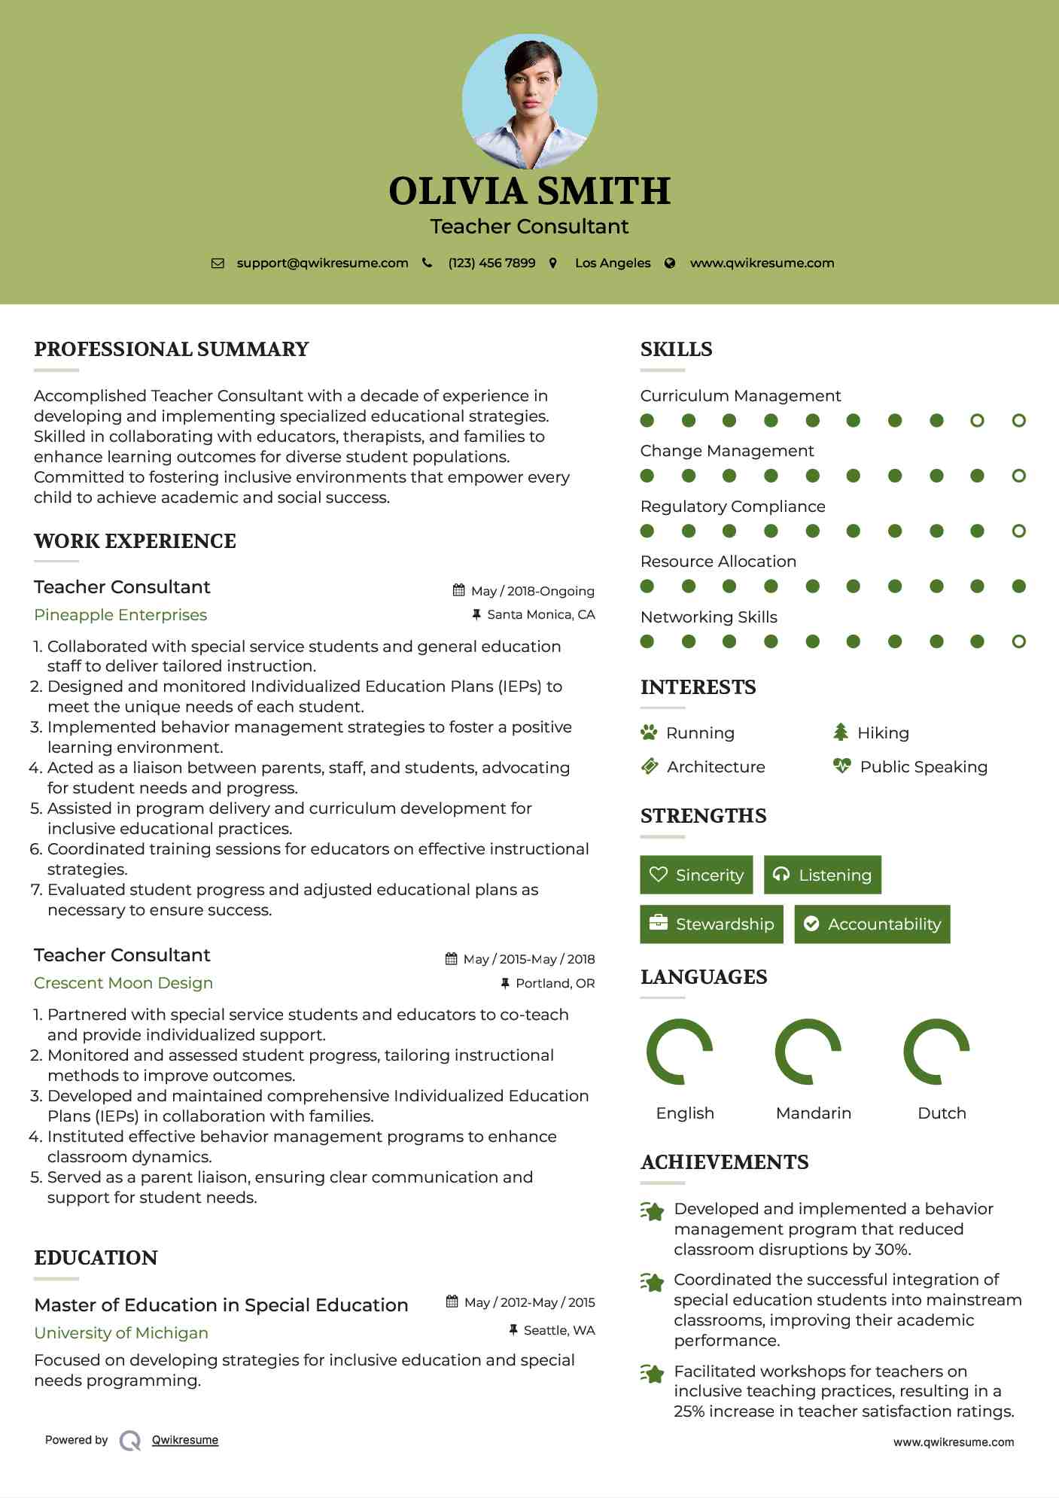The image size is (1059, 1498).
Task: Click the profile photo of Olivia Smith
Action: (529, 101)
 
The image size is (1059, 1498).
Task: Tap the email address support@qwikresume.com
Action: (322, 263)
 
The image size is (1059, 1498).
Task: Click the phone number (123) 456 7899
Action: (491, 263)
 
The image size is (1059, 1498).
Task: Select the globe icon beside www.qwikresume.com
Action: (670, 263)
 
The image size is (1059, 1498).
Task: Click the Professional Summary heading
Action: (172, 349)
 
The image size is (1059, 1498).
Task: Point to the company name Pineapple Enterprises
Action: (120, 615)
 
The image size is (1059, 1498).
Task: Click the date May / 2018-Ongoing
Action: (532, 591)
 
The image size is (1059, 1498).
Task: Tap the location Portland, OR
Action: (555, 983)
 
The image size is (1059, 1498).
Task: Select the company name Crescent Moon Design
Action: (123, 983)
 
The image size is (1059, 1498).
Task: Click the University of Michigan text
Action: (121, 1333)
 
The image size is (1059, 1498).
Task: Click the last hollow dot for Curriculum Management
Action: (1018, 421)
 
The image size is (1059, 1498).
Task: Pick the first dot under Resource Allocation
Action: (647, 586)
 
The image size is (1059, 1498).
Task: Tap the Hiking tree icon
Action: (841, 732)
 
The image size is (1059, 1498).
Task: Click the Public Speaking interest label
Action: (924, 767)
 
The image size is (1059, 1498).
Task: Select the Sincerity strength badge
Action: (696, 875)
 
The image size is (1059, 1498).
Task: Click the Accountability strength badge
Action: (872, 924)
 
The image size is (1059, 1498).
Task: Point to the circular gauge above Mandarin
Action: (808, 1052)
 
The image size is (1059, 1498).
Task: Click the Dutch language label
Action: (942, 1113)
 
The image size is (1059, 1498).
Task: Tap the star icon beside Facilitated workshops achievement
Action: (653, 1374)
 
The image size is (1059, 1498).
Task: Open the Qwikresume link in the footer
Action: (185, 1440)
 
